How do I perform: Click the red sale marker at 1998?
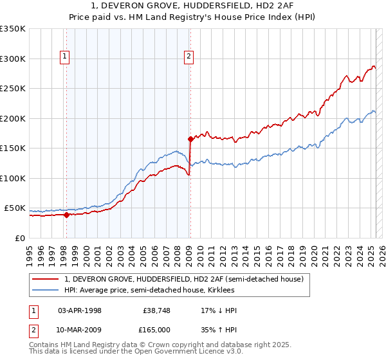66,215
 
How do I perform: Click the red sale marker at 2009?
190,139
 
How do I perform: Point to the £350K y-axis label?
12,29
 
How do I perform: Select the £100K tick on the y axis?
12,178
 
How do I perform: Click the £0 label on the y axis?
19,238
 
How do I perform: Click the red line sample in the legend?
46,278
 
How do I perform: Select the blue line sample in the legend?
46,290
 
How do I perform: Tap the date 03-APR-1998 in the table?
80,310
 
